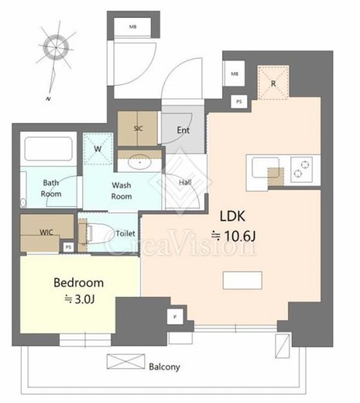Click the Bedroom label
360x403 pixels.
79,283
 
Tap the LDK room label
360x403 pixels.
232,216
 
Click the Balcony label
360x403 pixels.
164,367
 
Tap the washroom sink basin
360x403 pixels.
139,162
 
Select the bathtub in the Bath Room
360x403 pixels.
48,149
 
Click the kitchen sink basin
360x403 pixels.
266,167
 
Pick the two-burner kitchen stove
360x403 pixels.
301,169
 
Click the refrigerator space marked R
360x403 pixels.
273,83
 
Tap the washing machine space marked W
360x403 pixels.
98,149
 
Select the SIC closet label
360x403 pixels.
139,129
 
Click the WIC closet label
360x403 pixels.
46,232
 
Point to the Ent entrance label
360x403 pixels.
183,130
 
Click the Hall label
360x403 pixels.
185,182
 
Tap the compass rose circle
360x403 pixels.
56,48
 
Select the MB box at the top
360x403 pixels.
132,26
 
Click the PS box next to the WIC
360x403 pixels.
68,247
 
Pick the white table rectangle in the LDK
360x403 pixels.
242,280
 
